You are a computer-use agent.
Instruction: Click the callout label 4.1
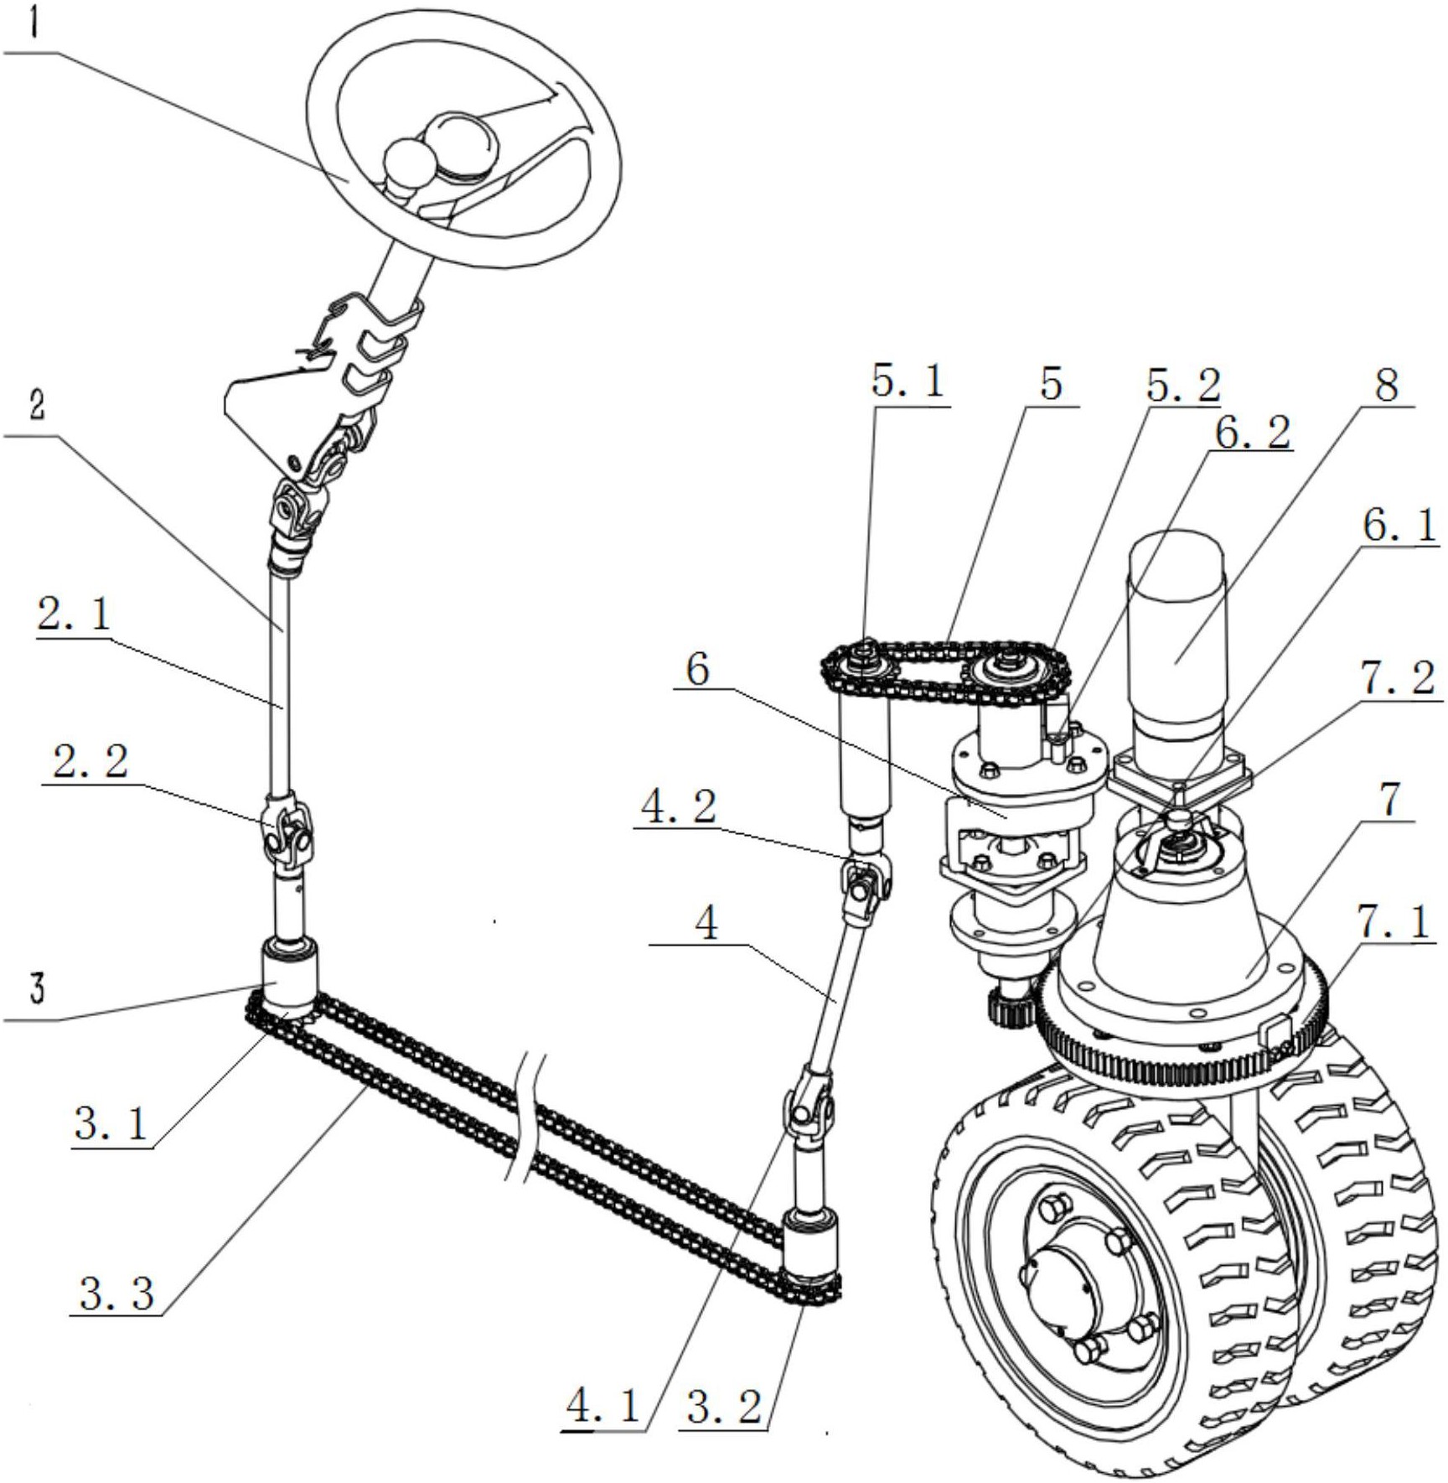pyautogui.click(x=603, y=1405)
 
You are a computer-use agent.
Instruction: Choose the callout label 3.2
pyautogui.click(x=724, y=1405)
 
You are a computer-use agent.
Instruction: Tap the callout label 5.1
pyautogui.click(x=908, y=382)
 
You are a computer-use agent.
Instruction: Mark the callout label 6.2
pyautogui.click(x=1253, y=433)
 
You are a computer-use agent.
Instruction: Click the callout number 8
pyautogui.click(x=1387, y=386)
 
